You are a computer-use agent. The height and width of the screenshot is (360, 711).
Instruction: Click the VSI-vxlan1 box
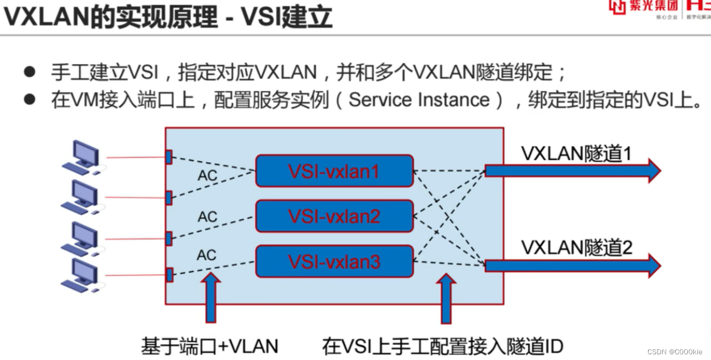(x=335, y=171)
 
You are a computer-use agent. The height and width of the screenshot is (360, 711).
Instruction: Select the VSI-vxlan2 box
(x=335, y=216)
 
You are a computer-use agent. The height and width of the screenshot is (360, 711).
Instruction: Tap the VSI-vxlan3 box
(x=335, y=261)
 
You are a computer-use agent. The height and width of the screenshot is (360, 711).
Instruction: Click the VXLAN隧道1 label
(x=576, y=153)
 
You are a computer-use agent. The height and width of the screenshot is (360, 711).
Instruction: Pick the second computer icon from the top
(x=82, y=197)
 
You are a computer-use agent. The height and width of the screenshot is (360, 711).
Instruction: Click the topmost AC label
(x=208, y=176)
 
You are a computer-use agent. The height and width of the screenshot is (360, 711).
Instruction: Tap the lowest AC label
(x=207, y=256)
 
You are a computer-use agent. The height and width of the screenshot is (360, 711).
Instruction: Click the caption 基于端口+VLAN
(x=210, y=346)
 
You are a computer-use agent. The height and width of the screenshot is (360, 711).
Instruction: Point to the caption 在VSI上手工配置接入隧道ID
(x=443, y=346)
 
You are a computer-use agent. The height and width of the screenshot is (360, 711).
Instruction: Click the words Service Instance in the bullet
(x=419, y=100)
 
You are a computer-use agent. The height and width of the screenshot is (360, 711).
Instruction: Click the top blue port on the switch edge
(x=168, y=157)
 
